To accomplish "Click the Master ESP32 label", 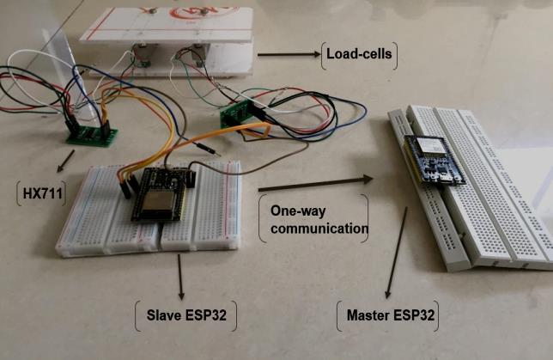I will pyautogui.click(x=391, y=315).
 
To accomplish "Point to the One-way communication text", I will pyautogui.click(x=313, y=219).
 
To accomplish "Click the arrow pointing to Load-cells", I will pyautogui.click(x=287, y=55).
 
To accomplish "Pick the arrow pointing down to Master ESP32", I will pyautogui.click(x=395, y=258).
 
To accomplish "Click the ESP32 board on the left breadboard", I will pyautogui.click(x=161, y=195).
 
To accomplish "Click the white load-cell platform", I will pyautogui.click(x=167, y=30).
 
